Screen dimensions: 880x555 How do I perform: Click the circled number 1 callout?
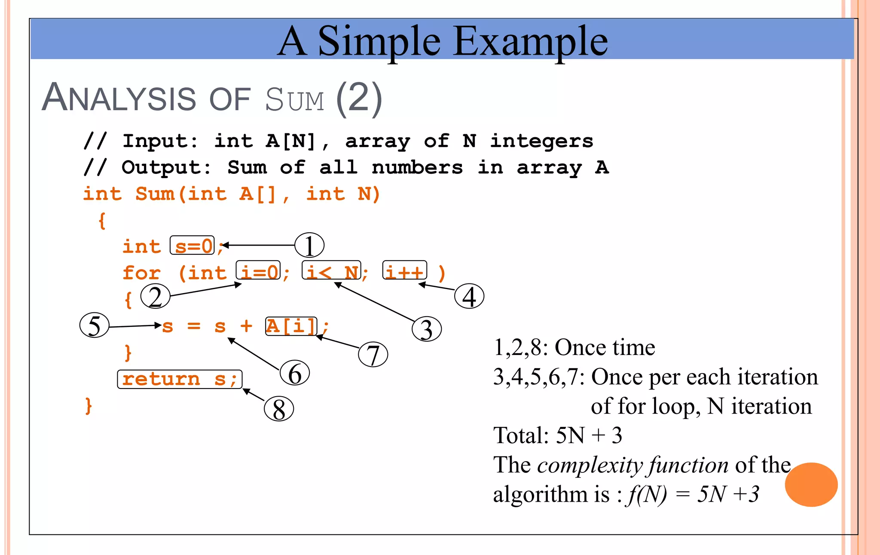[309, 245]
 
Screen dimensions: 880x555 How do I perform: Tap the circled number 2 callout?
[156, 297]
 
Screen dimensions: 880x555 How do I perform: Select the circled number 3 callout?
[426, 329]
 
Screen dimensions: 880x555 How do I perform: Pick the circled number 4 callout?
[469, 296]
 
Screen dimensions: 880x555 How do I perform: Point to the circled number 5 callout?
[95, 325]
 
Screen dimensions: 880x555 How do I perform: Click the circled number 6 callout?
[295, 373]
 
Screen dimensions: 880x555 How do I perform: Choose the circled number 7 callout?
[373, 355]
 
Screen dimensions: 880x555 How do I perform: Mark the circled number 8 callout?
[279, 409]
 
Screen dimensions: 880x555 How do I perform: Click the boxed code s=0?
[192, 246]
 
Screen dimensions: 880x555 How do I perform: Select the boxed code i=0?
[258, 271]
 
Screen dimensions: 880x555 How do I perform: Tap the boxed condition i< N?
[332, 271]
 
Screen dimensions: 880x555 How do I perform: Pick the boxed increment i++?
[405, 271]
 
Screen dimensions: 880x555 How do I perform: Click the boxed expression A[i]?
[291, 326]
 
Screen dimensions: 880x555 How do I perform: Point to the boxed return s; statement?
[180, 379]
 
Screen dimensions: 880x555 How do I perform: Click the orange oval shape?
[811, 484]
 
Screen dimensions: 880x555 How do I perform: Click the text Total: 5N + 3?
[558, 435]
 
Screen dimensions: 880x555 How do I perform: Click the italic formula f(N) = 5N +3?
[693, 494]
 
